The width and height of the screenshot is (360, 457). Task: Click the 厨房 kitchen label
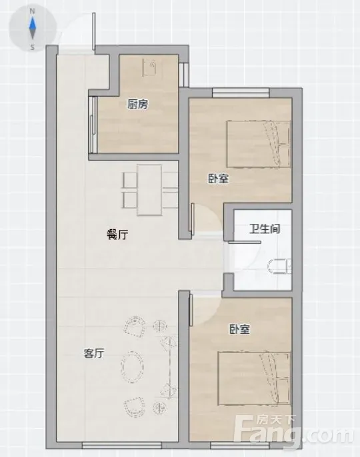tap(137, 105)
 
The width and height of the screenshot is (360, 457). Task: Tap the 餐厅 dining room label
tap(117, 234)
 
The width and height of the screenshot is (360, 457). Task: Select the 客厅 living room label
tap(93, 354)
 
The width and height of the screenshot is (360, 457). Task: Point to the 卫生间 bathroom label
tap(265, 228)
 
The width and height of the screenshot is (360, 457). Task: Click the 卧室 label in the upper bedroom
tap(219, 179)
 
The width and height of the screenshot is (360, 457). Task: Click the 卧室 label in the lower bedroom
tap(239, 329)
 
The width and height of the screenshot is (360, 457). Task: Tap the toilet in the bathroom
tap(279, 266)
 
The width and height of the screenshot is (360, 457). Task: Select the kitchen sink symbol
tap(149, 67)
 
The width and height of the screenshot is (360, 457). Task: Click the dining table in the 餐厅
tap(149, 190)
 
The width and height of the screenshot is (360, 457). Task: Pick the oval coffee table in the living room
tap(133, 366)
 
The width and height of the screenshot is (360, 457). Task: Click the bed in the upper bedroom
tap(259, 145)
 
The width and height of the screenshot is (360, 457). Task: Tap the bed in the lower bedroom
tap(254, 378)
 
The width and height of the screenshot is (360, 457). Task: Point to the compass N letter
tap(33, 11)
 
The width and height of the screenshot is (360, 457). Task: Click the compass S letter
tap(33, 47)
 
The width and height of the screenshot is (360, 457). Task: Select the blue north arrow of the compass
tap(33, 23)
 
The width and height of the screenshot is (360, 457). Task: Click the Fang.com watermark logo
tap(295, 431)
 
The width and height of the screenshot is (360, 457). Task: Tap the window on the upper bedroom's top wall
tap(241, 93)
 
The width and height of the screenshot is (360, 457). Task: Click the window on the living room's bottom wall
tap(122, 445)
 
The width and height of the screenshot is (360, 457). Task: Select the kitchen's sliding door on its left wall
tap(93, 125)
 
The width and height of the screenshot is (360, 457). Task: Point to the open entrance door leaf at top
tap(93, 31)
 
